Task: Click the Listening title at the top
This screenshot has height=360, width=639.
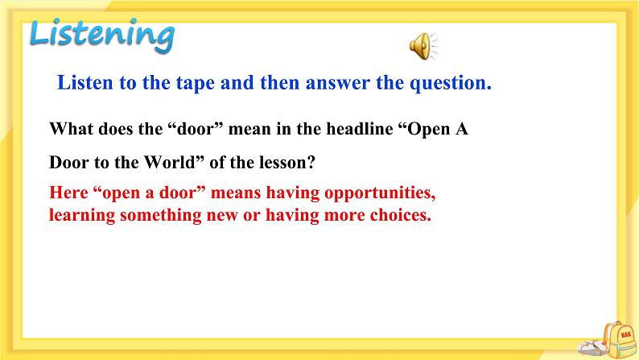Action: [x=101, y=35]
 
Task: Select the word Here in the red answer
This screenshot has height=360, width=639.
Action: [x=67, y=194]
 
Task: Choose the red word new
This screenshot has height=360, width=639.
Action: [x=217, y=215]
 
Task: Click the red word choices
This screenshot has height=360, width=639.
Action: [x=400, y=215]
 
